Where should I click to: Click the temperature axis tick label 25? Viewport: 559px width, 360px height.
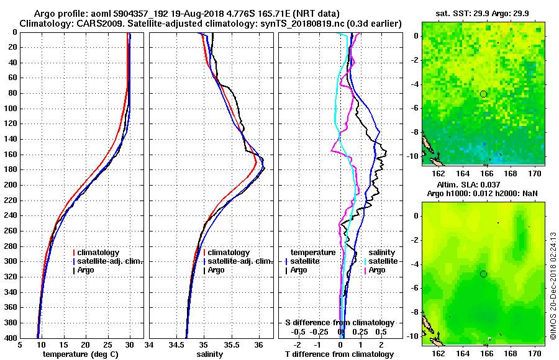[107, 345]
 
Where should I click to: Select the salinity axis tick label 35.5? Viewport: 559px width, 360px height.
[230, 345]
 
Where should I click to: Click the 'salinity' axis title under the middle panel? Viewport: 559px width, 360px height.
[211, 354]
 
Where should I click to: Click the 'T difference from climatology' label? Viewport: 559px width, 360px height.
[339, 354]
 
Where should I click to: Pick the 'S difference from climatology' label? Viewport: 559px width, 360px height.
[339, 323]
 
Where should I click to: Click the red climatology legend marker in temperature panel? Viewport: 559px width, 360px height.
[74, 253]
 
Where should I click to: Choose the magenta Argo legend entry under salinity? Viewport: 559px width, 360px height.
[377, 270]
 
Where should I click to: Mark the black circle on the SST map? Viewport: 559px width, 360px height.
[483, 94]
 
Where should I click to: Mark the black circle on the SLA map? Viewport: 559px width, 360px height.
[483, 274]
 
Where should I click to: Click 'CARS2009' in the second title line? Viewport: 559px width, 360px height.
[93, 24]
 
